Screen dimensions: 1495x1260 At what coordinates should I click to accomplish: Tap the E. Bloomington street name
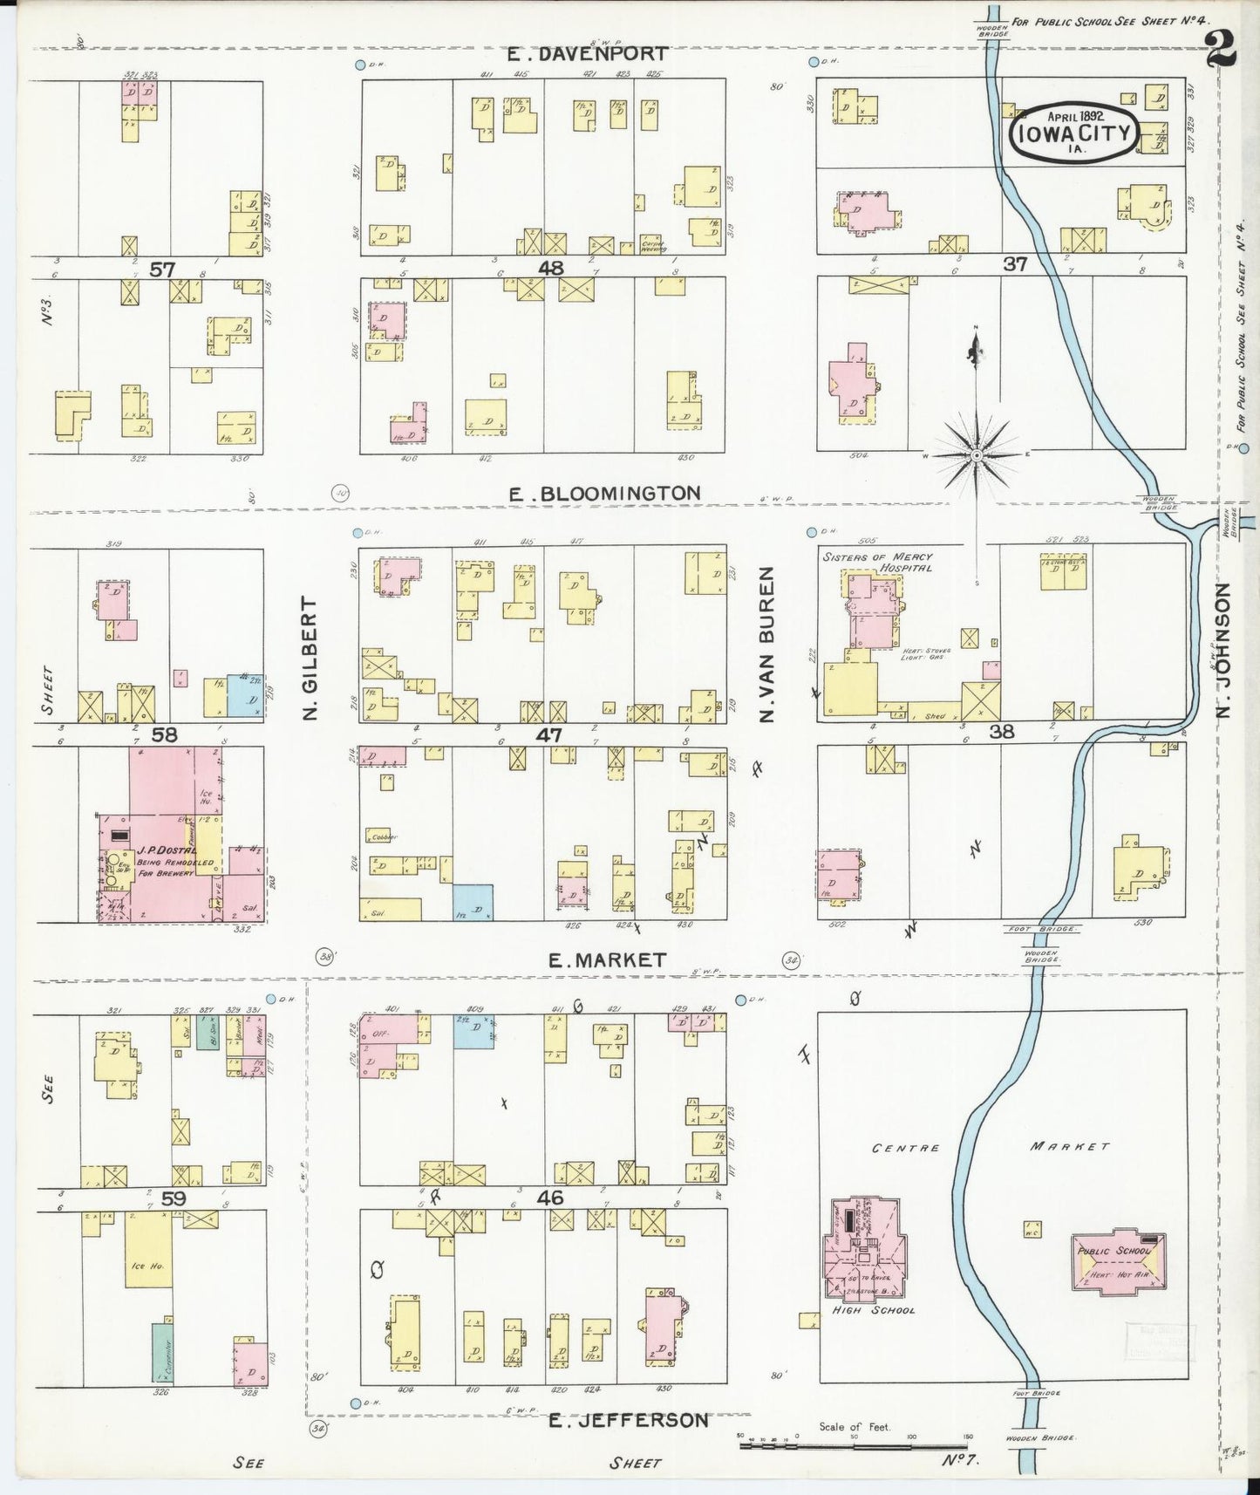click(604, 494)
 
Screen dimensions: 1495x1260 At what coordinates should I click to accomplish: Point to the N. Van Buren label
click(767, 645)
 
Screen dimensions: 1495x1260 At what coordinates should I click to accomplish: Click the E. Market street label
click(607, 960)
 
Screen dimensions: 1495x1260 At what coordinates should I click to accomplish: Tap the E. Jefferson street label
click(628, 1420)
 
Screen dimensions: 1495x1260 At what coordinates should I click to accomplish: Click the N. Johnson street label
click(1223, 650)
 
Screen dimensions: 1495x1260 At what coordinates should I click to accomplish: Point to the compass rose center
click(977, 454)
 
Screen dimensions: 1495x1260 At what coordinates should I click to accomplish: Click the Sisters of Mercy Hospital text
click(876, 562)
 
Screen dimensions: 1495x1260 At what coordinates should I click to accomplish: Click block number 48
click(551, 267)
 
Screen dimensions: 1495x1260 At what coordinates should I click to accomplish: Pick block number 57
click(162, 270)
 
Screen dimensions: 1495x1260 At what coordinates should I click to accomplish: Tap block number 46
click(551, 1198)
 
